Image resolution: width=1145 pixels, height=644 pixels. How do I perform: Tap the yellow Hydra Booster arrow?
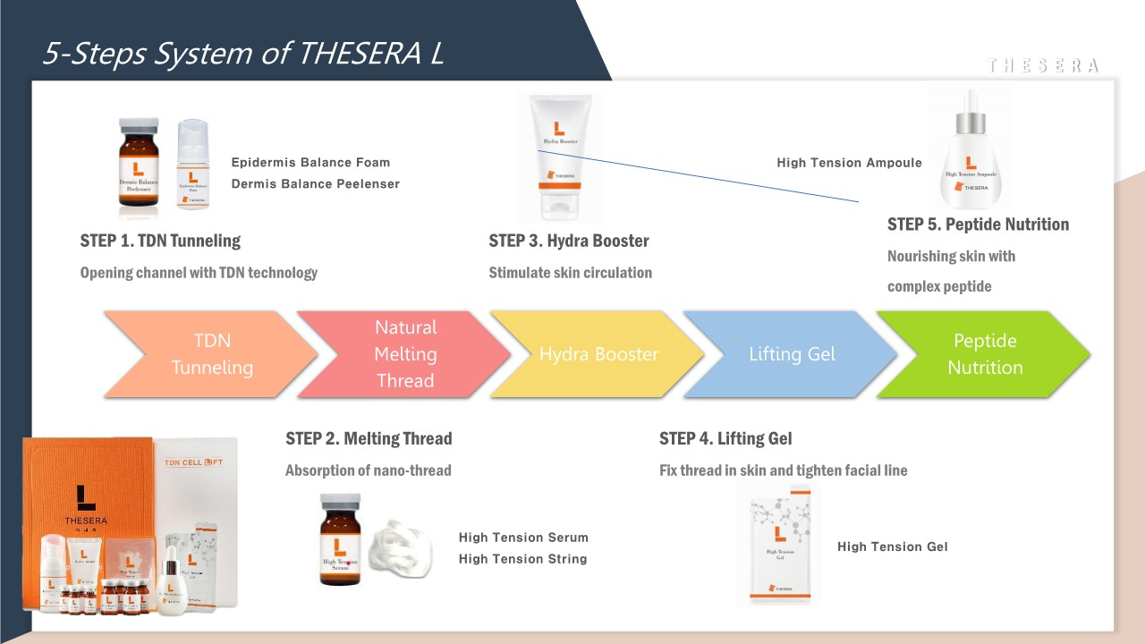[x=598, y=353]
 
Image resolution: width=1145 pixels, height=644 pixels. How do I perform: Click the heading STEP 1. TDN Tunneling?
[x=160, y=241]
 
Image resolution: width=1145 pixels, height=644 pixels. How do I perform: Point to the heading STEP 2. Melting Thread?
[x=369, y=438]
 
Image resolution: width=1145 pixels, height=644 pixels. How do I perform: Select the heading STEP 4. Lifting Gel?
[x=725, y=438]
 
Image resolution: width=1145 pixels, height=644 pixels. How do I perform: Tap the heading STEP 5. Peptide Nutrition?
[x=978, y=225]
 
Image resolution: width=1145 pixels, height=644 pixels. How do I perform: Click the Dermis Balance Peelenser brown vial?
[x=140, y=168]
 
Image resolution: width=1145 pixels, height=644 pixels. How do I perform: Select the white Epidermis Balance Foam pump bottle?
[x=193, y=167]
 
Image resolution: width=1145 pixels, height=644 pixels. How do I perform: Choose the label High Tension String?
[x=522, y=559]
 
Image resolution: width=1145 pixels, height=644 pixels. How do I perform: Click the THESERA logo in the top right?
[x=1042, y=65]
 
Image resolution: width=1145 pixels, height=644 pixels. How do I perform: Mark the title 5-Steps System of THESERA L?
[x=242, y=55]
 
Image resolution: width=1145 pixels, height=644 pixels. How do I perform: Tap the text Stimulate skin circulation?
[x=570, y=273]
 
